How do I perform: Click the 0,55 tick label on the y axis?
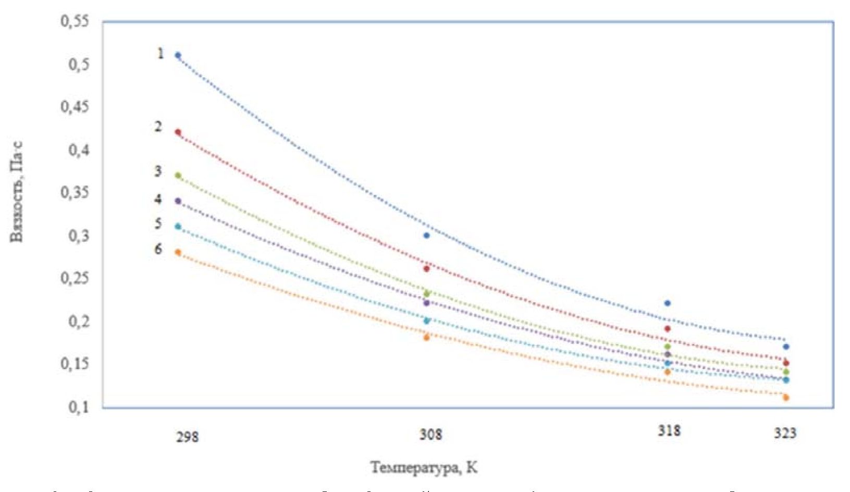click(x=75, y=21)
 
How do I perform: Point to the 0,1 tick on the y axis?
click(x=78, y=407)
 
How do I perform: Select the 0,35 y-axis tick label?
click(x=75, y=192)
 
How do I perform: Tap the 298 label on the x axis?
click(x=187, y=436)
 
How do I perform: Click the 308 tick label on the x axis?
click(x=431, y=434)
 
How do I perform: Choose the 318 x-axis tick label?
click(x=669, y=431)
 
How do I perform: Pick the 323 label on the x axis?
click(x=785, y=433)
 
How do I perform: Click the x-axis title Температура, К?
click(x=424, y=468)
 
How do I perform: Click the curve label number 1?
click(x=161, y=53)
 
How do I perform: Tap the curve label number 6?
click(x=158, y=249)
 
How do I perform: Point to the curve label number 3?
click(x=158, y=171)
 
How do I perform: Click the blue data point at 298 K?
click(x=178, y=55)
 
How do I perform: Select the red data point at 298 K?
click(x=178, y=132)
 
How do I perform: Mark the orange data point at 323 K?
click(x=786, y=398)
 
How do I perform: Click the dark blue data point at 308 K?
click(x=427, y=236)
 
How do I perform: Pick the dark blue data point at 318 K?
click(x=668, y=303)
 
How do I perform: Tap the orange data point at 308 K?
click(x=427, y=337)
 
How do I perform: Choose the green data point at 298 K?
click(x=178, y=176)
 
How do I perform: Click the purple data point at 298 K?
click(x=178, y=201)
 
